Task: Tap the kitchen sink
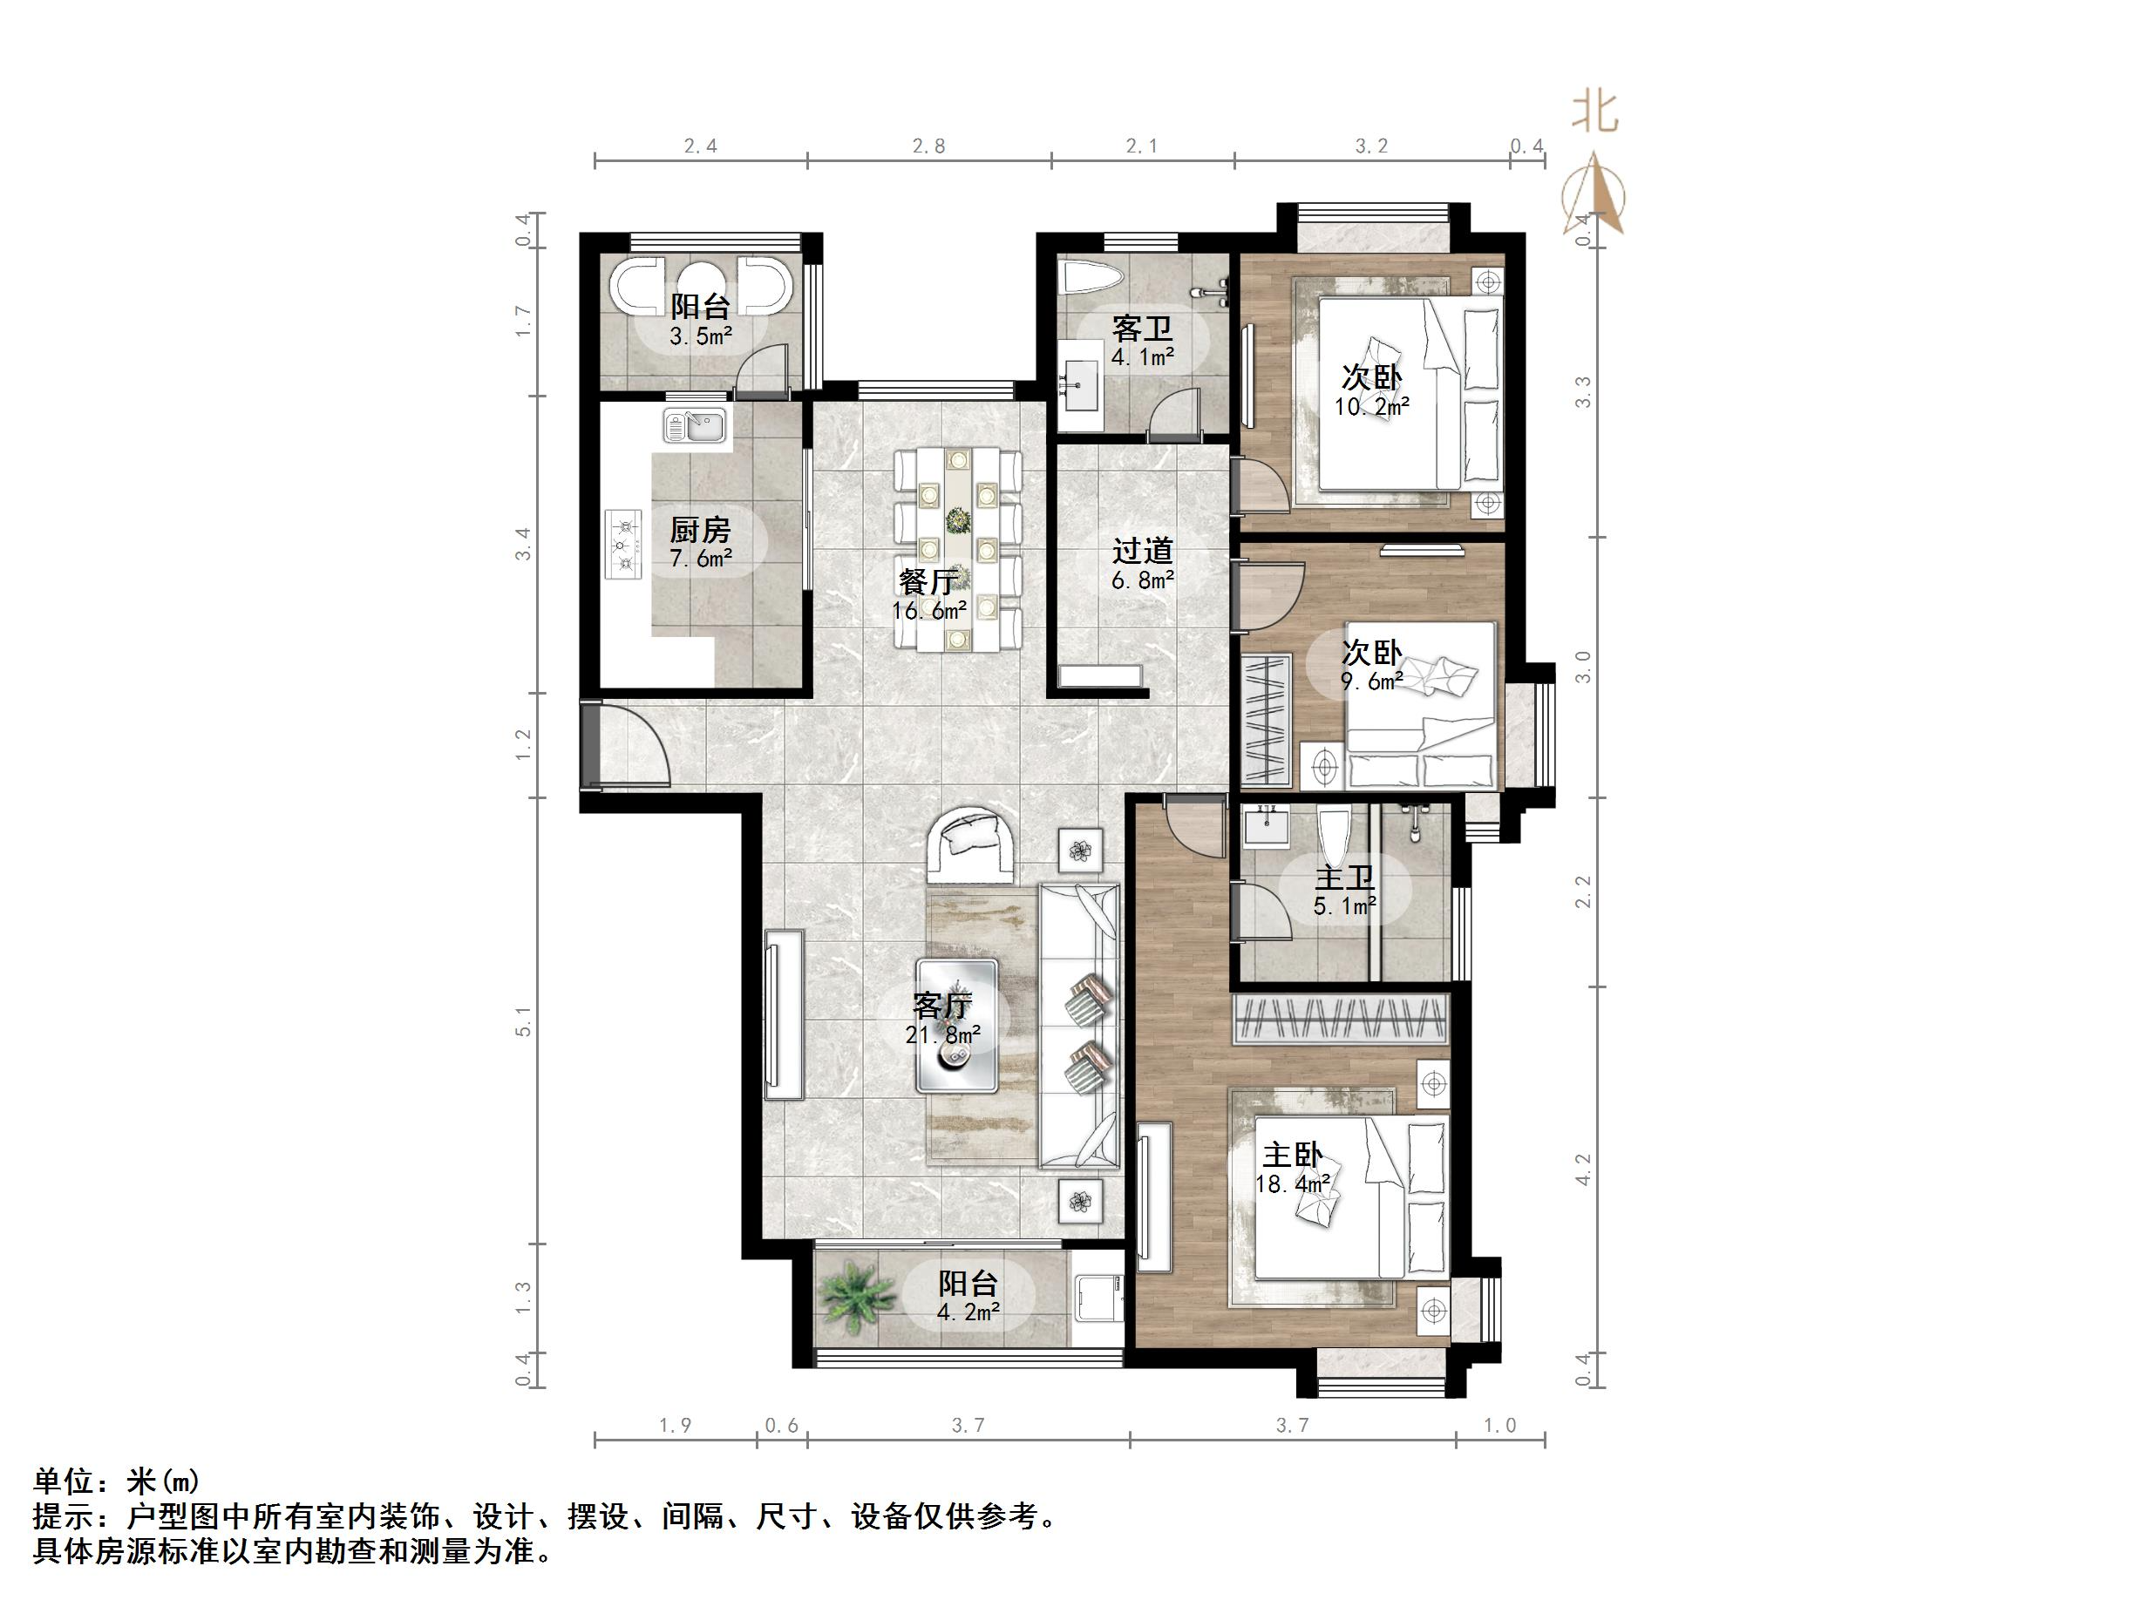[695, 425]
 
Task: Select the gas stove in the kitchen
[624, 545]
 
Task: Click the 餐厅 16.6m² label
[928, 595]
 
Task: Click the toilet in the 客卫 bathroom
[1092, 279]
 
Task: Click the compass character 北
[1594, 112]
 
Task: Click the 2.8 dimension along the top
[928, 146]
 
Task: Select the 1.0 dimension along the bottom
[1499, 1426]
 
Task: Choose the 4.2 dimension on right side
[1582, 1171]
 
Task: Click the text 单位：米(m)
[117, 1481]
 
